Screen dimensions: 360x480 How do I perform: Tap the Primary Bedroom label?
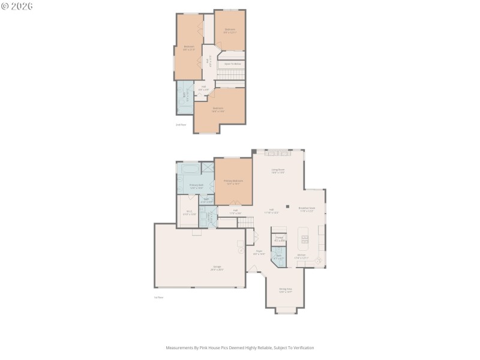pos(233,182)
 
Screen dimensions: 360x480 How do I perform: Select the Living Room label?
pos(278,171)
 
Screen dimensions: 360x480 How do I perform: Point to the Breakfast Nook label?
pos(307,209)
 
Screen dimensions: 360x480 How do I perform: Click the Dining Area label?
pos(286,290)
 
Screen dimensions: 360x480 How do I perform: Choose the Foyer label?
pos(260,253)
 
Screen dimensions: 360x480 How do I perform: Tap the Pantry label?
pos(279,239)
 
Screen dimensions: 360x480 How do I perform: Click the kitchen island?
pos(304,240)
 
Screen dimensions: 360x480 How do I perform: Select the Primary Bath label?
pos(197,187)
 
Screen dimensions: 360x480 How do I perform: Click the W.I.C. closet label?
pos(190,213)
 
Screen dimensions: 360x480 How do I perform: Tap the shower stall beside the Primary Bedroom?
pos(208,168)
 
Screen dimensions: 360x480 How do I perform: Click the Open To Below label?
pos(233,64)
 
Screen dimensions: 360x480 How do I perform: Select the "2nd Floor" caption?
pos(181,125)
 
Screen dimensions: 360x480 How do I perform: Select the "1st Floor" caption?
pos(158,297)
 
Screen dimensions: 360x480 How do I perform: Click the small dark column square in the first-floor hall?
pos(287,206)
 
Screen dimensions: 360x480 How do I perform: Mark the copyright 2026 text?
pos(18,6)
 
